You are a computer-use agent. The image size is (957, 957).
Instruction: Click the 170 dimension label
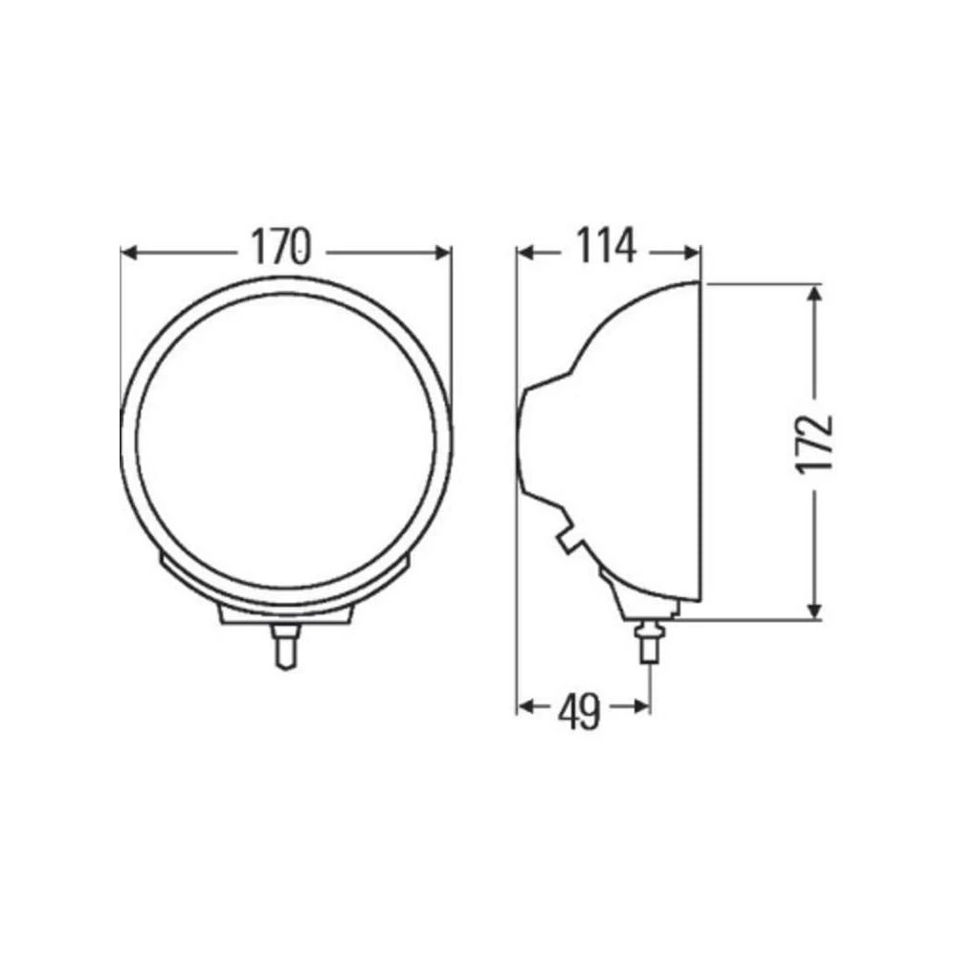(282, 248)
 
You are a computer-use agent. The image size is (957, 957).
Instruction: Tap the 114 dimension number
(606, 248)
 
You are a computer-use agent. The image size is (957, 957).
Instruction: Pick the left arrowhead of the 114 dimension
(525, 252)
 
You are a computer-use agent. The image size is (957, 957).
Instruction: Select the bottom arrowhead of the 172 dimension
(814, 610)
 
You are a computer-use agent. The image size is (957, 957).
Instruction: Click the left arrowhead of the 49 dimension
(525, 706)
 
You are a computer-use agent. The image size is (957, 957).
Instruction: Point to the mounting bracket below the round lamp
(284, 612)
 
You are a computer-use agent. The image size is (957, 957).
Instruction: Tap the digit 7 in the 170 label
(280, 248)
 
